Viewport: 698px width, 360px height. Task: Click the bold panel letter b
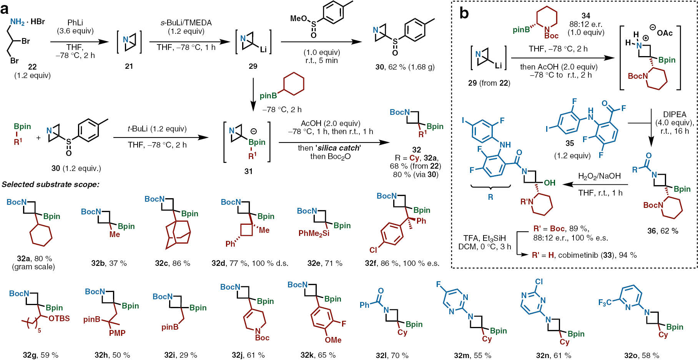tap(464, 14)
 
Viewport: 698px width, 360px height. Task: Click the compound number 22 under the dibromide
tap(32, 67)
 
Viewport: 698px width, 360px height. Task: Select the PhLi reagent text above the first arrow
tap(75, 23)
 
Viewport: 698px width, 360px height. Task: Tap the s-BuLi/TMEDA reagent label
tap(186, 23)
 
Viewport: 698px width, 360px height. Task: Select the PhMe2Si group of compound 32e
tap(314, 233)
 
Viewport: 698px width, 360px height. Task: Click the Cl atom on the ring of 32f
tap(373, 250)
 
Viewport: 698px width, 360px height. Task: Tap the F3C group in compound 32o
tap(605, 303)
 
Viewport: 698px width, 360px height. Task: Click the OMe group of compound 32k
tap(333, 340)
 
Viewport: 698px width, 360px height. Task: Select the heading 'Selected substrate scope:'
tap(50, 184)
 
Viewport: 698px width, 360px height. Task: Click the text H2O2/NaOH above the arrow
tap(599, 176)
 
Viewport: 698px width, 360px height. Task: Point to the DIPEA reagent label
tap(675, 114)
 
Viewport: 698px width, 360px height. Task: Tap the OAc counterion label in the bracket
tap(664, 33)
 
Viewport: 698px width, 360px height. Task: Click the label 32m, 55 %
tap(472, 355)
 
